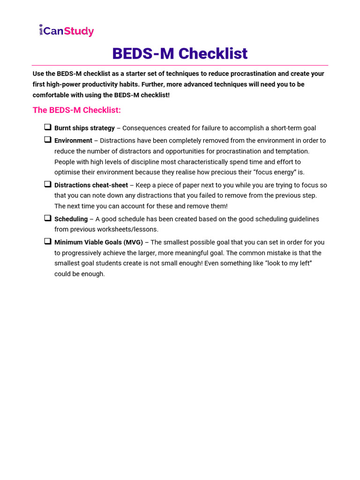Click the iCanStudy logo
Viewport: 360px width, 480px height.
click(x=66, y=31)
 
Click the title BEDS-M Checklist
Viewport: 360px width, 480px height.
click(x=180, y=53)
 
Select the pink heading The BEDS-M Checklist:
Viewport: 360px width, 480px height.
click(x=76, y=110)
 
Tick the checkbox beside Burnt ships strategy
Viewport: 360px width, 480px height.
click(x=48, y=127)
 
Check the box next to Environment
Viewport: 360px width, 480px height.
click(x=48, y=139)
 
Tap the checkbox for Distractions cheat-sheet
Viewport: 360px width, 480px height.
click(x=48, y=184)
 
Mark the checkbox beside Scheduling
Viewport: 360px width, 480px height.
click(x=48, y=218)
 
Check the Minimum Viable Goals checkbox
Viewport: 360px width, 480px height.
click(x=48, y=241)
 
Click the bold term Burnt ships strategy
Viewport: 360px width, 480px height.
click(x=84, y=128)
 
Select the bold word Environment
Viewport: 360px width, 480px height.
click(x=73, y=141)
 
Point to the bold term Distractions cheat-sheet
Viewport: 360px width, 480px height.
click(x=91, y=185)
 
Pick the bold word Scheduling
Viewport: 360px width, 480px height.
click(x=71, y=219)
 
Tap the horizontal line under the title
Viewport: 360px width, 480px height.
click(x=180, y=65)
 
